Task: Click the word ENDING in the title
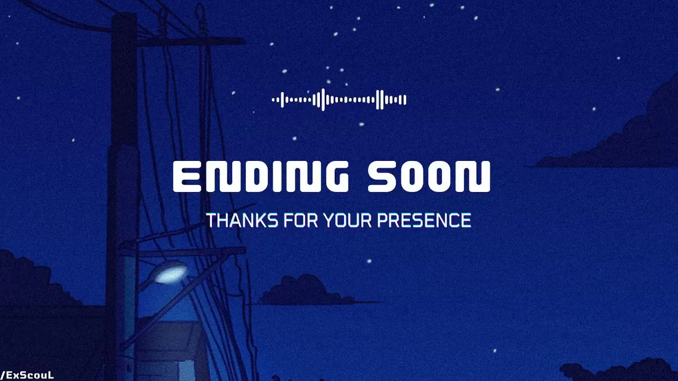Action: pos(261,177)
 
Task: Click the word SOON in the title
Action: pos(429,177)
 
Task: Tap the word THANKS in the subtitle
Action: pos(242,220)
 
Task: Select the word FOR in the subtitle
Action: pos(301,220)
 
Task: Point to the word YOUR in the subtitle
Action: pos(347,220)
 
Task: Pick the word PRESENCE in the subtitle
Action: pos(424,220)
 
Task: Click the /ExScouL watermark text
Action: pos(27,376)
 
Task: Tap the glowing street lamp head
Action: pos(171,273)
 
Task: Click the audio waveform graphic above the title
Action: pos(339,99)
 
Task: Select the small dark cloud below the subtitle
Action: pos(306,291)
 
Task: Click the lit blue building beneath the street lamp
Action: pos(169,348)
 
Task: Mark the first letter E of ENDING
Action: pos(187,177)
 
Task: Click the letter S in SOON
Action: pos(381,177)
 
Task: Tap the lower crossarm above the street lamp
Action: pos(188,251)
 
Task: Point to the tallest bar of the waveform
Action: pos(323,99)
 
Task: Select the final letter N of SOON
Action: pos(476,177)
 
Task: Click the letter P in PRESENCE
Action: pos(382,220)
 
